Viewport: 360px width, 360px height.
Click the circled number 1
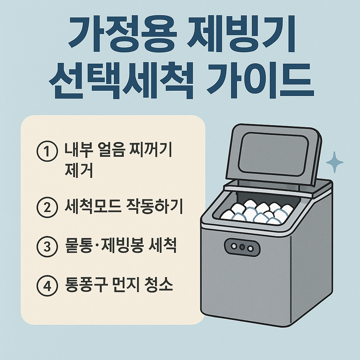pos(47,151)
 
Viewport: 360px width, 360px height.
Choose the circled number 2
pos(47,207)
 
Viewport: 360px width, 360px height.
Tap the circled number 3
pos(47,247)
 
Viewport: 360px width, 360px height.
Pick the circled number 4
pos(47,286)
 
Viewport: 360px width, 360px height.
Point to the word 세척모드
pos(92,206)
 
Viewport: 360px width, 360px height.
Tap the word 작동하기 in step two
pos(154,206)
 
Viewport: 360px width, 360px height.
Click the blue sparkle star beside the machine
pos(335,162)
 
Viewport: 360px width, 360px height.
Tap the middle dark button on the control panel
pos(242,247)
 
